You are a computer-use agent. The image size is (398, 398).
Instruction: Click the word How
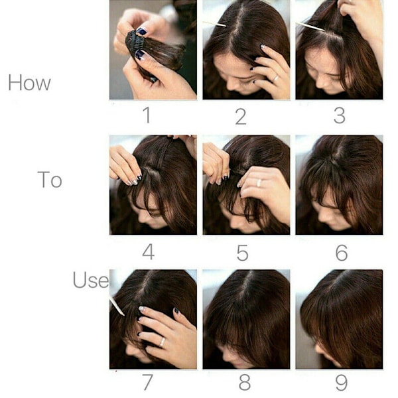click(x=29, y=83)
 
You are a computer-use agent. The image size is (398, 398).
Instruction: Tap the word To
click(x=50, y=180)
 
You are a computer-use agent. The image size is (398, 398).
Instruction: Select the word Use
click(x=91, y=279)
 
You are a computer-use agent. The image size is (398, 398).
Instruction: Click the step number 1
click(x=147, y=115)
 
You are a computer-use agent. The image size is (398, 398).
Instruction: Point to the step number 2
click(x=241, y=117)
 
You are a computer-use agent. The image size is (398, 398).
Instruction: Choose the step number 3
click(x=340, y=115)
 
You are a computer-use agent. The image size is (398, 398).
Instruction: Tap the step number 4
click(x=149, y=251)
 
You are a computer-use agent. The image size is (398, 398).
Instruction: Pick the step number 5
click(x=242, y=253)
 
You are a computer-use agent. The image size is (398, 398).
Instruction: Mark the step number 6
click(x=342, y=253)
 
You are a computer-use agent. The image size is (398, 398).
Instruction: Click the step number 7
click(x=148, y=382)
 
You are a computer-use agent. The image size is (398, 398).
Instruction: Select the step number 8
click(x=244, y=382)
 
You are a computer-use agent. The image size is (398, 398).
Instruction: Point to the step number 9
click(x=342, y=383)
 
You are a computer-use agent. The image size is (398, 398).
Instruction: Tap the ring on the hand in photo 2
click(x=275, y=78)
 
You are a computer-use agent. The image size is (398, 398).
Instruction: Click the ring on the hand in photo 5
click(x=259, y=182)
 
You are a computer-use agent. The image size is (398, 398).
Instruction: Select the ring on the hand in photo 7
click(x=163, y=342)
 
